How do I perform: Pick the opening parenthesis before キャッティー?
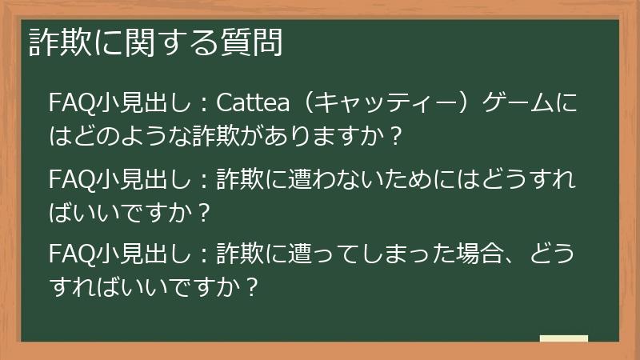point(303,104)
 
